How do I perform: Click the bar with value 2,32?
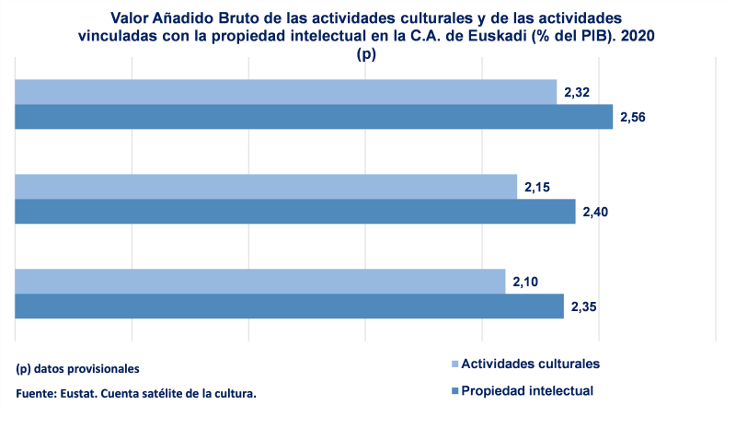point(285,92)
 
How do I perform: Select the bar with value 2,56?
point(313,117)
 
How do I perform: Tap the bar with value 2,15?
point(266,187)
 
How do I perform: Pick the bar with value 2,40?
point(294,212)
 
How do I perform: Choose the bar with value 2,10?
point(260,282)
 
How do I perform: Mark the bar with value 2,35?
point(289,307)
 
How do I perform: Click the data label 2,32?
point(576,93)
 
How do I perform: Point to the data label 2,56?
point(633,117)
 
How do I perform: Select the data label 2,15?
point(537,188)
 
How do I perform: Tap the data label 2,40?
point(595,212)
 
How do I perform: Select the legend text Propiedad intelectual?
point(527,390)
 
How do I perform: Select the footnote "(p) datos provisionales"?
point(78,368)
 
